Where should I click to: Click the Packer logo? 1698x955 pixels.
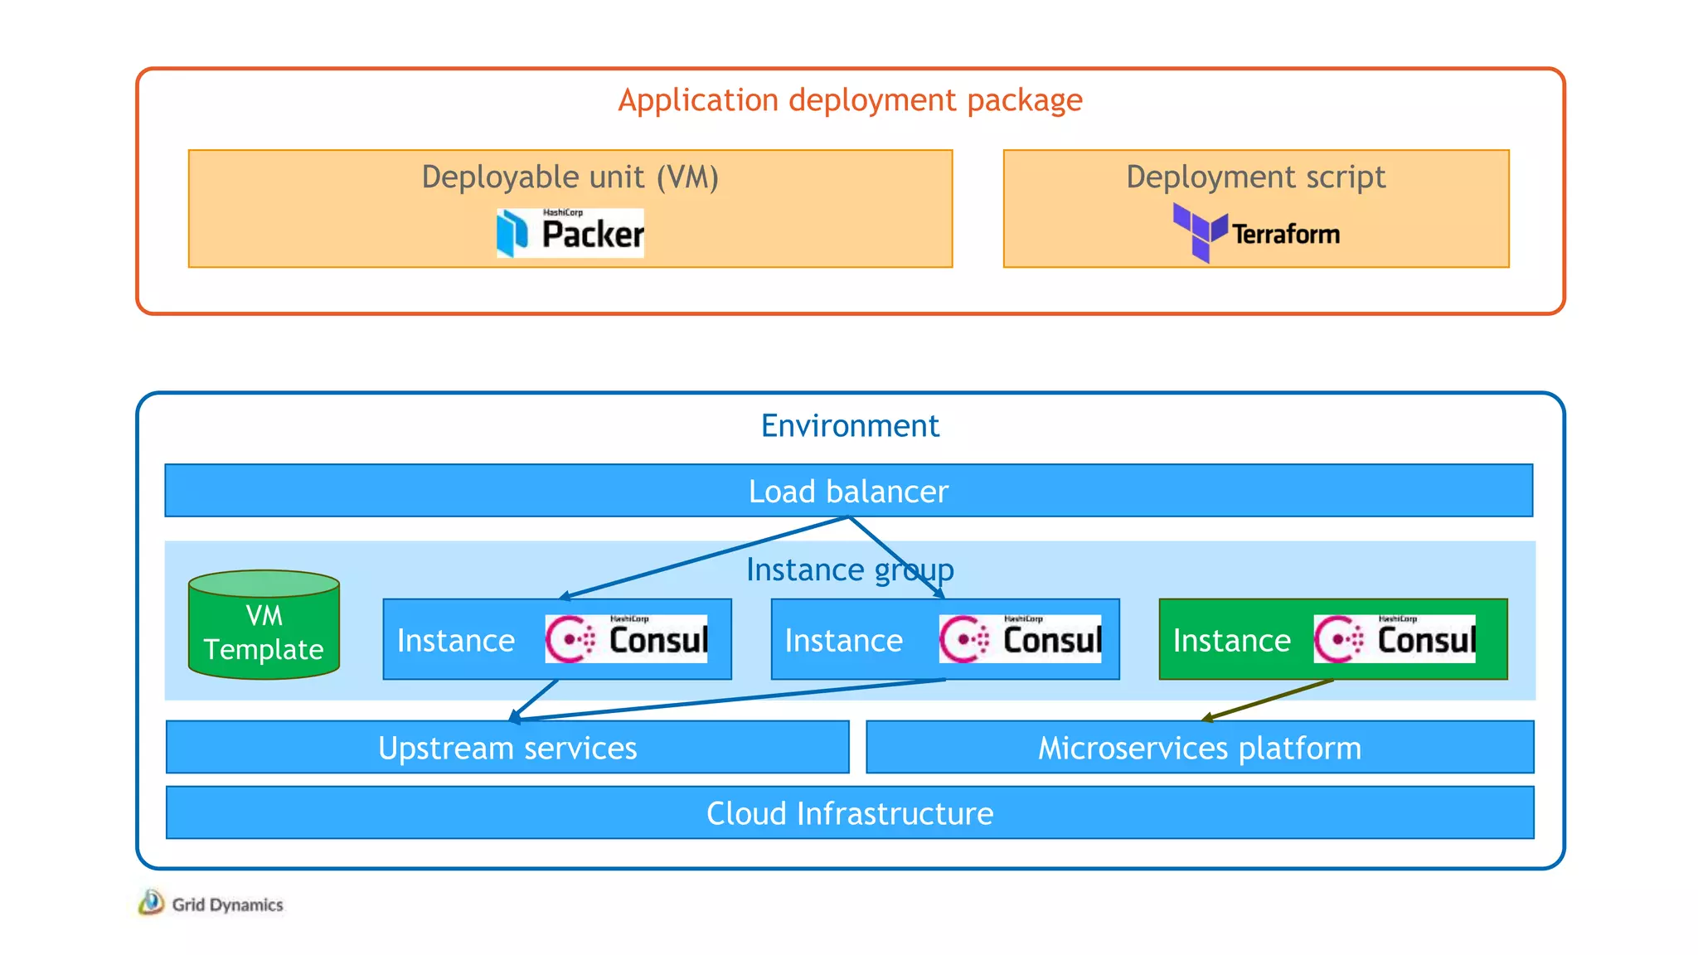(570, 233)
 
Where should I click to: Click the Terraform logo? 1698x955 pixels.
(1256, 233)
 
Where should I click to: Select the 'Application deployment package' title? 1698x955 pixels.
(850, 100)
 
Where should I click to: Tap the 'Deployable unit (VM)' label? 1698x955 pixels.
(570, 177)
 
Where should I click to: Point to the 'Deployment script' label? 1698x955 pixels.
(1255, 177)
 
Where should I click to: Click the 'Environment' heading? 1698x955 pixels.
(850, 426)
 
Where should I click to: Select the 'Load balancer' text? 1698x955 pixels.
(848, 492)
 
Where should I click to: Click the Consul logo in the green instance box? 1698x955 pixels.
(1395, 639)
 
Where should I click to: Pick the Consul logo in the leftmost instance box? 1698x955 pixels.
(626, 639)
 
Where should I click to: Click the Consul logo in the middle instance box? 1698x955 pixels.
(1020, 639)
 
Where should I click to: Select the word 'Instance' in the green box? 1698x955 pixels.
(1231, 641)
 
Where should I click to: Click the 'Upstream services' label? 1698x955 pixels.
(507, 749)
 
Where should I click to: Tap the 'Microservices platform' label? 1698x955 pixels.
(1200, 749)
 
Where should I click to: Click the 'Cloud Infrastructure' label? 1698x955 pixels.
(850, 814)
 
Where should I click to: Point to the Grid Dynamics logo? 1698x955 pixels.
(211, 904)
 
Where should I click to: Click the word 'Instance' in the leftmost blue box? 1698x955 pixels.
(456, 641)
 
